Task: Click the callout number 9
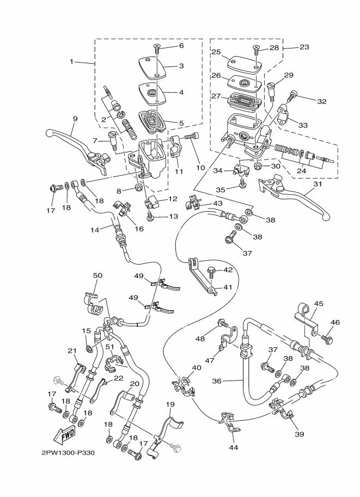[75, 119]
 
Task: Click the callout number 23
[304, 47]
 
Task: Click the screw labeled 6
[156, 48]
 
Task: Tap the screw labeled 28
[256, 51]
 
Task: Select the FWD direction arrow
[64, 434]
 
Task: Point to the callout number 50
[97, 276]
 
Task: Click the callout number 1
[71, 62]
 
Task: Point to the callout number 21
[72, 350]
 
